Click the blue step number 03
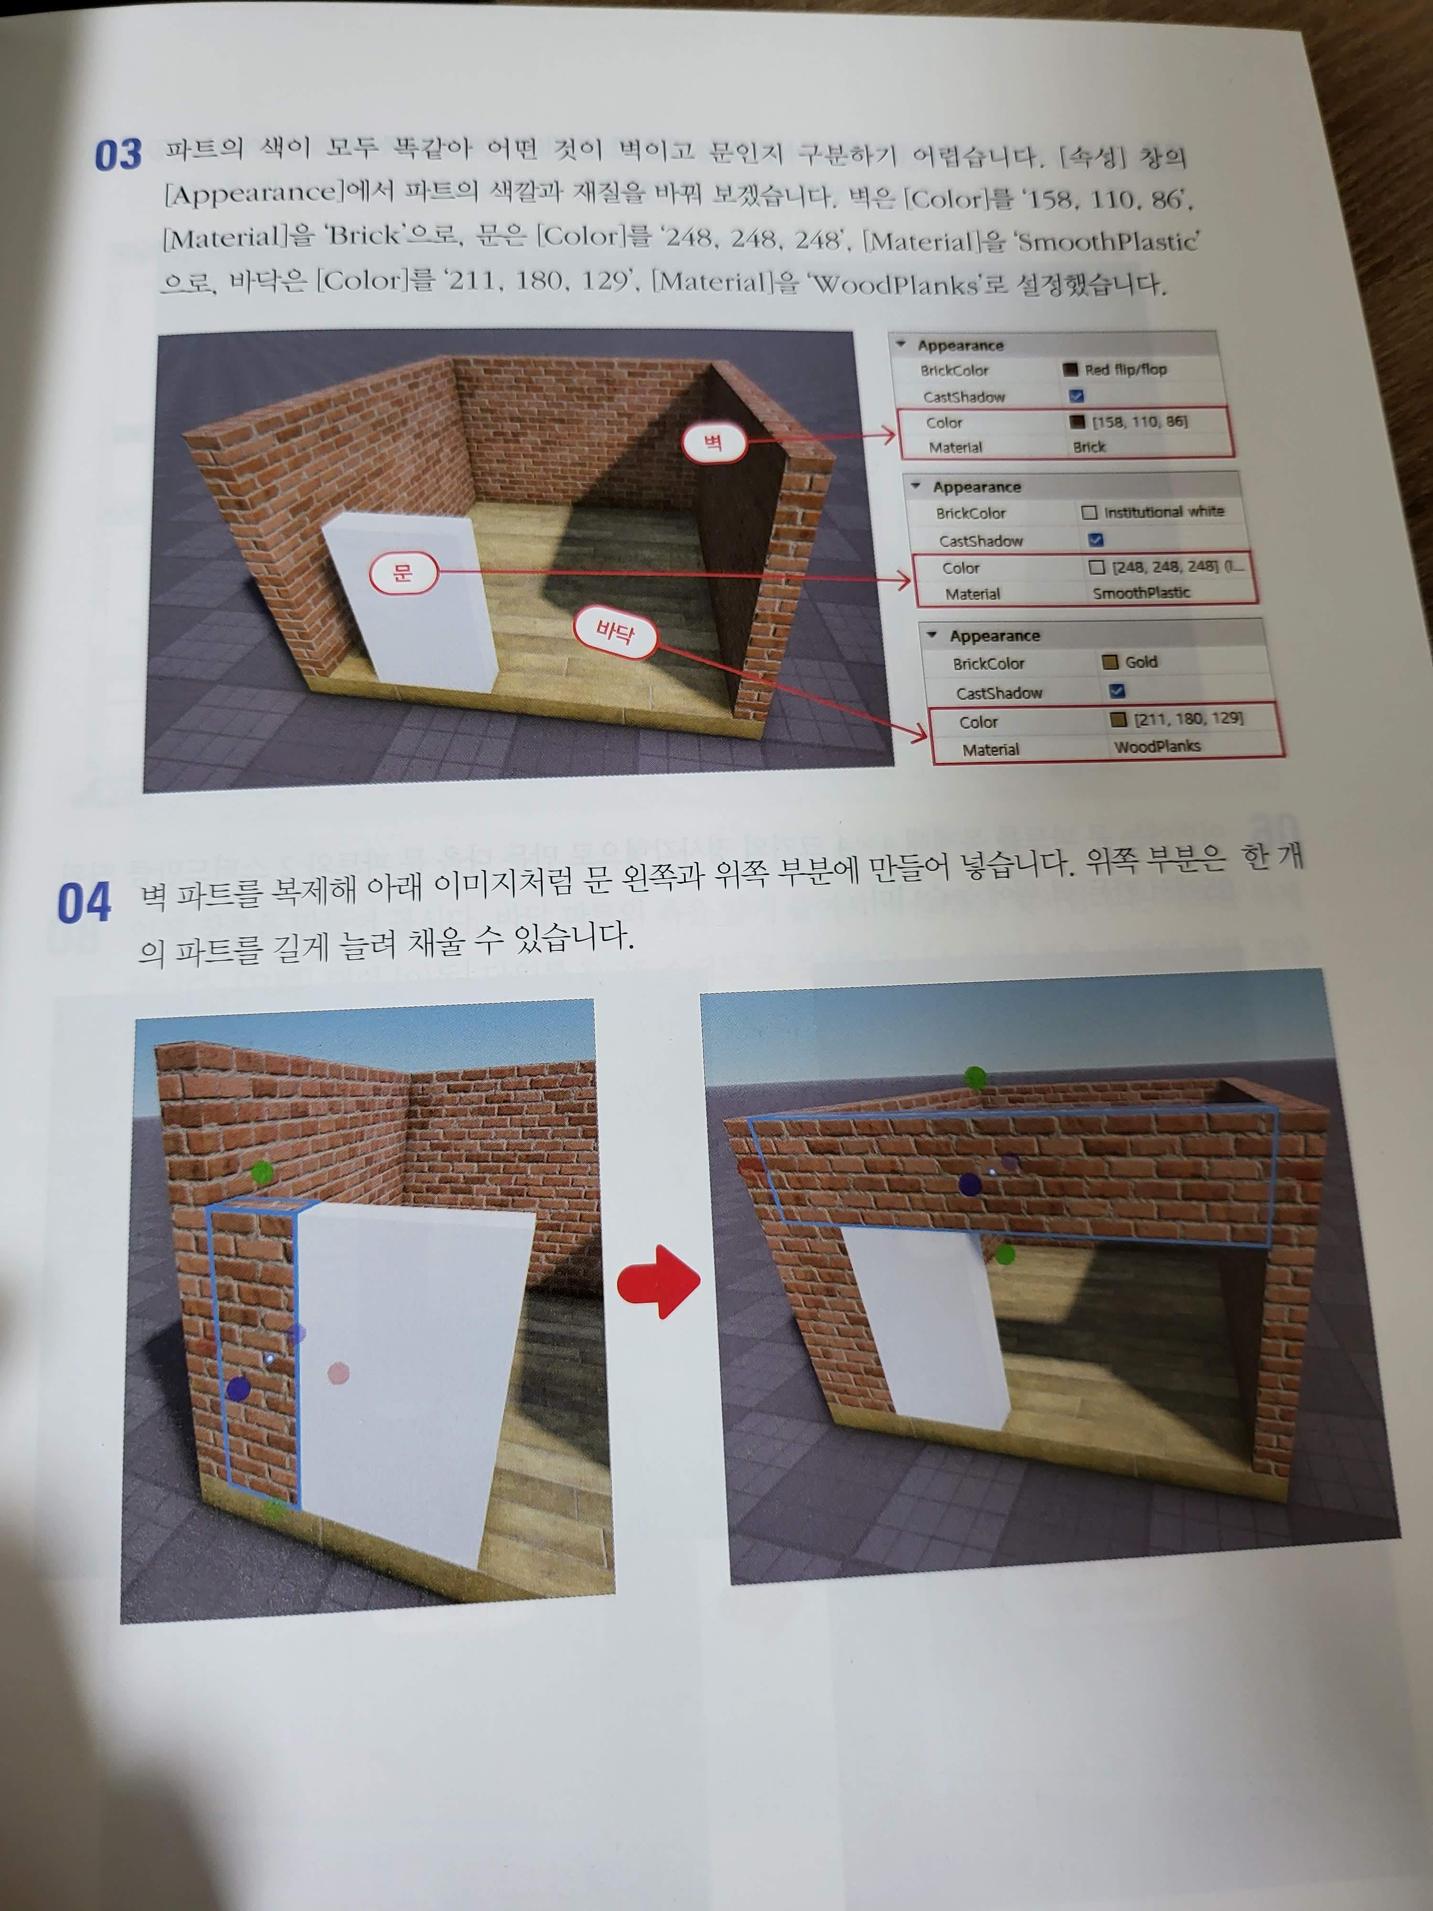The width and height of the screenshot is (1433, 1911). click(118, 155)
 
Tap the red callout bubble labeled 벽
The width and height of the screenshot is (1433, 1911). click(714, 443)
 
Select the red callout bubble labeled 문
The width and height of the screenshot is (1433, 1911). click(403, 573)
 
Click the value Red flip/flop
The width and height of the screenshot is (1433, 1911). click(1124, 370)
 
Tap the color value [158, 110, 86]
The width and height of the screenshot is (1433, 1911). click(1139, 421)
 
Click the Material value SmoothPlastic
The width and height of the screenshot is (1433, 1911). click(1141, 593)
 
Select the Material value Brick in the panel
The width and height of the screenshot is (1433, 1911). click(1089, 447)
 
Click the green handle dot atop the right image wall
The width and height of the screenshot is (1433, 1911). click(975, 1077)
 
